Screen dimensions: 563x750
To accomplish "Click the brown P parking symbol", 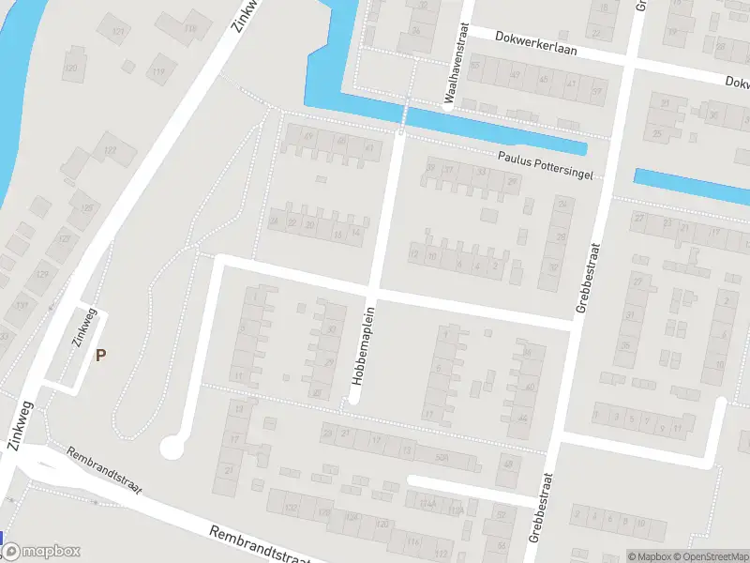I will pos(100,355).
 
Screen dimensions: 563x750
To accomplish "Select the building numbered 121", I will pos(117,33).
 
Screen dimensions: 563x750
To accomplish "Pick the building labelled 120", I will pos(70,68).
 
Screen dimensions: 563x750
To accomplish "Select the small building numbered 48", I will pos(509,464).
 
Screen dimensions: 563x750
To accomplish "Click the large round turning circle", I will pos(172,448).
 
